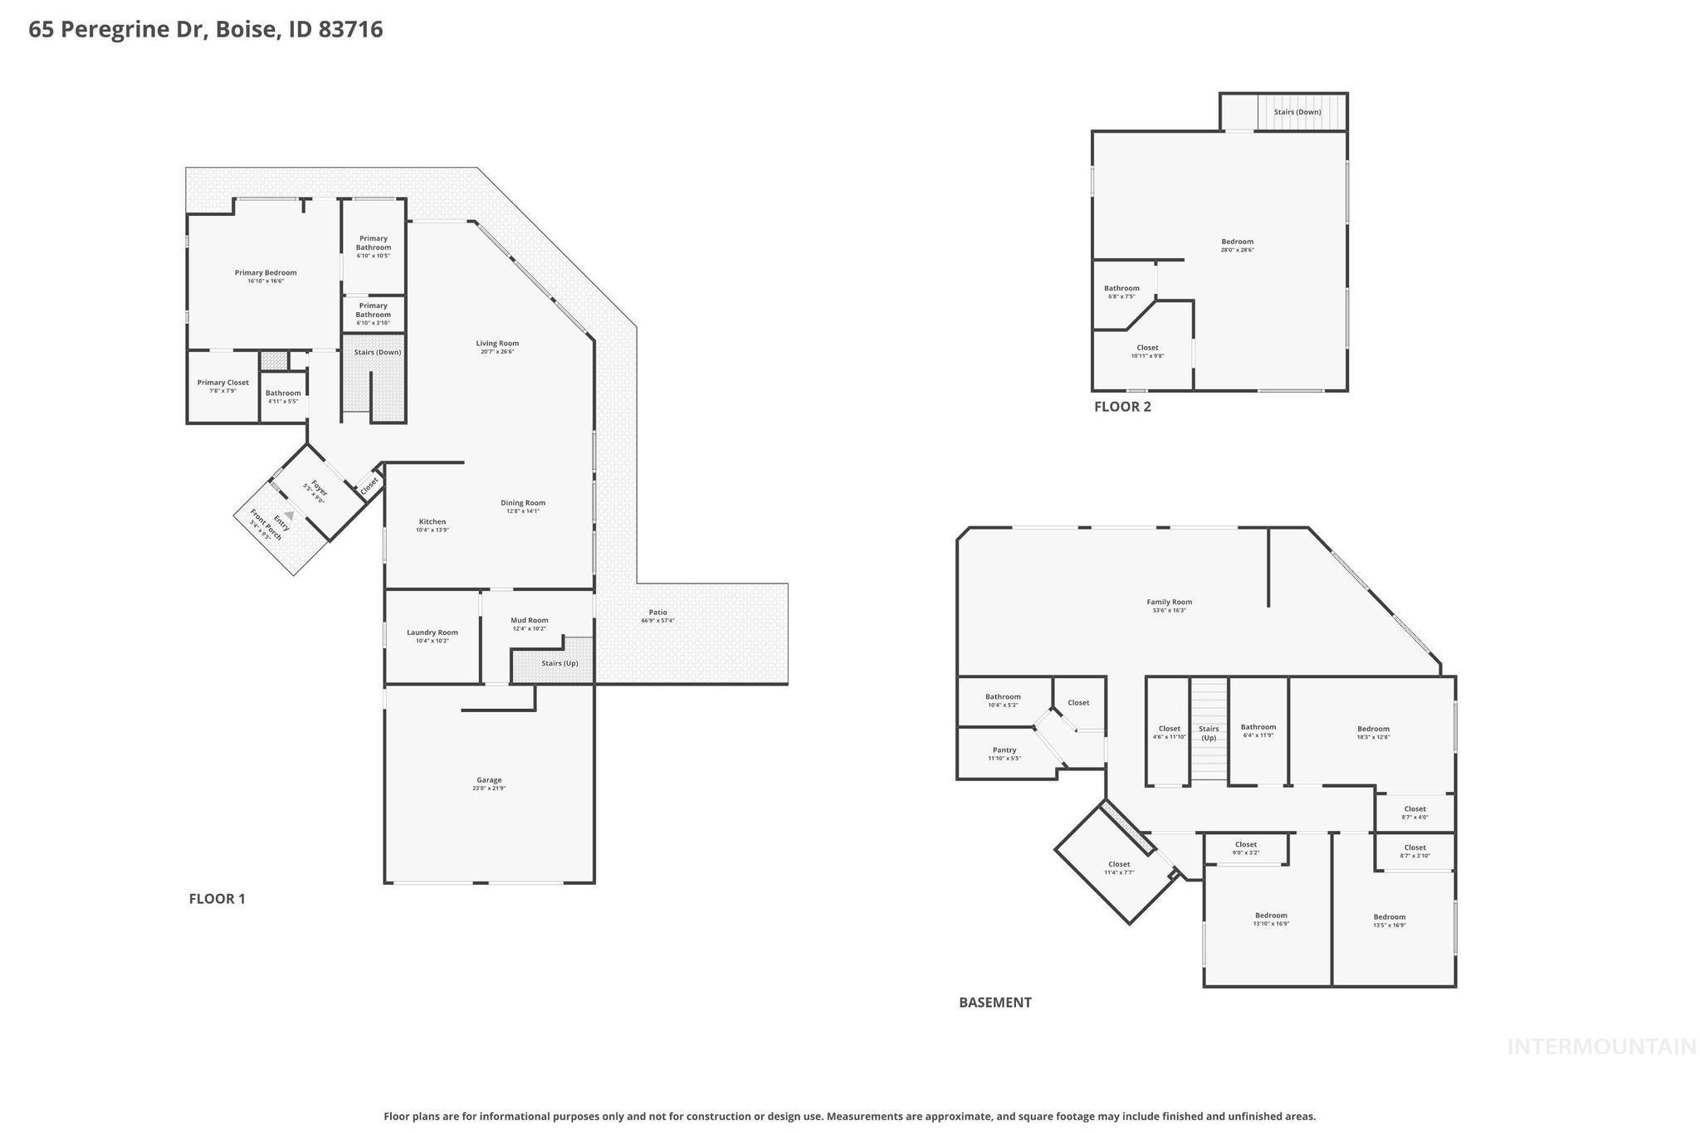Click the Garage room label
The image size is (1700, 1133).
tap(489, 780)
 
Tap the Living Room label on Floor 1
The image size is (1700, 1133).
tap(497, 344)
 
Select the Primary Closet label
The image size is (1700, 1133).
tap(222, 383)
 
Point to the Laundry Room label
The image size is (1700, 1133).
tap(432, 632)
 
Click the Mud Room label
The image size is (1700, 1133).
tap(529, 620)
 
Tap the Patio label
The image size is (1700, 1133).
tap(657, 613)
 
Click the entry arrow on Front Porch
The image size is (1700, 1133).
tap(290, 515)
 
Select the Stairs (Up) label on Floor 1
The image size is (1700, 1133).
tap(559, 663)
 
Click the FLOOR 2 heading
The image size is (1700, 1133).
tap(1122, 407)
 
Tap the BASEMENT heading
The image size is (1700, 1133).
tap(994, 1003)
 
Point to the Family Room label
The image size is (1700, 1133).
tap(1169, 603)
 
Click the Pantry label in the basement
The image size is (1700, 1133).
tap(1004, 750)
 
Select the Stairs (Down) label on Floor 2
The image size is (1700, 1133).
tap(1297, 112)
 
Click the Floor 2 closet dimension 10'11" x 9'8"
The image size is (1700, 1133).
tap(1147, 356)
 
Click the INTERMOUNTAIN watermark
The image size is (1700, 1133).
tap(1601, 1048)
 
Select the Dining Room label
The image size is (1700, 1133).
tap(523, 503)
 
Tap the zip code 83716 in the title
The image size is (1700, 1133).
tap(350, 30)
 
